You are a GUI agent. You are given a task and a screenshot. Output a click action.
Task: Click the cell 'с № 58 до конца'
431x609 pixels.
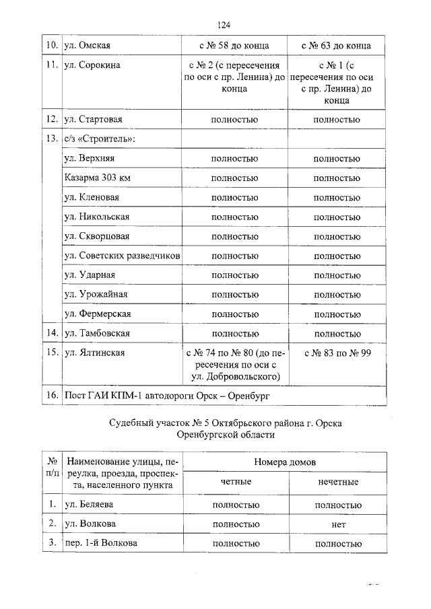[x=234, y=46]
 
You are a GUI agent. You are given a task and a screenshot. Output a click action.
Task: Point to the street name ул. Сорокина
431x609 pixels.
[x=92, y=66]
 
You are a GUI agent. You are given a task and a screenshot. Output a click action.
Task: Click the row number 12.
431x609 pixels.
[x=50, y=120]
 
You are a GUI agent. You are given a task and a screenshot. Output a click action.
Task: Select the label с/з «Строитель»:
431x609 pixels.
[x=99, y=139]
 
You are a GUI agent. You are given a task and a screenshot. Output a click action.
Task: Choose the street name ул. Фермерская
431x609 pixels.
[x=97, y=314]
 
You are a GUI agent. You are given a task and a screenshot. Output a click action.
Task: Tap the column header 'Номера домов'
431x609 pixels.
[x=285, y=462]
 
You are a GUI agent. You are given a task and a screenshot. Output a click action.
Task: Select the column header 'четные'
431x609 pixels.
[x=235, y=482]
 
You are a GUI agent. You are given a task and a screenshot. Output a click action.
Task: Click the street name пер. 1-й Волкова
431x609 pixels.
[x=100, y=542]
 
